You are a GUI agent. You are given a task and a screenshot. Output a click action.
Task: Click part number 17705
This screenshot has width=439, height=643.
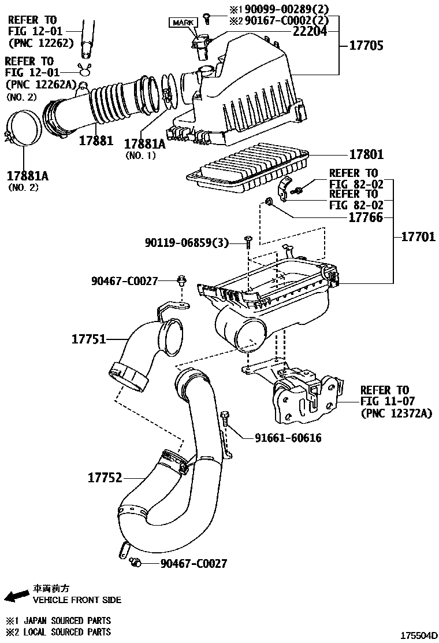coord(366,45)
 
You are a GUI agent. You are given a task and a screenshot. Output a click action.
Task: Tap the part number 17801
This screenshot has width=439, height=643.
coord(366,155)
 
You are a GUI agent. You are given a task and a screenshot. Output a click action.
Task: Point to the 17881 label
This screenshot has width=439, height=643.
coord(96,141)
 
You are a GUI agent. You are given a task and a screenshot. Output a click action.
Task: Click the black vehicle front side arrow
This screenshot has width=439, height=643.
coord(16,596)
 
